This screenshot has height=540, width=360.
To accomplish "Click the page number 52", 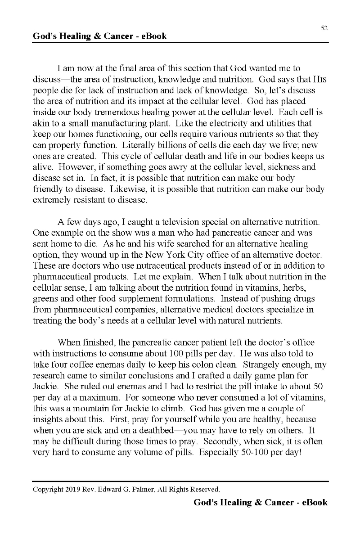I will (x=324, y=28).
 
